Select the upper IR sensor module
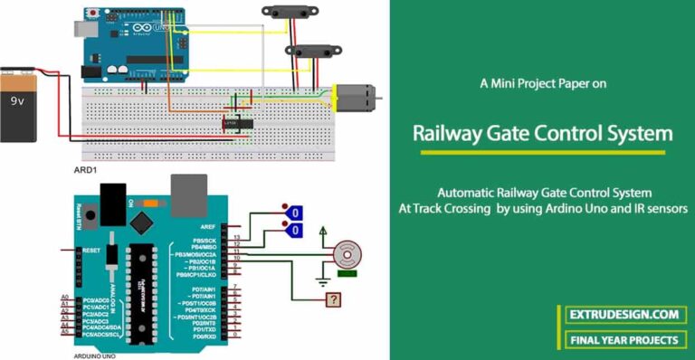point(287,12)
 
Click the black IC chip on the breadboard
point(238,123)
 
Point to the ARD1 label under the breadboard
point(87,169)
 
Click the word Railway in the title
point(452,134)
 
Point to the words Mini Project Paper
point(547,83)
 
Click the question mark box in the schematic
point(335,299)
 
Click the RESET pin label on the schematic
point(90,249)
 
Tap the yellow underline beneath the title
point(543,152)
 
